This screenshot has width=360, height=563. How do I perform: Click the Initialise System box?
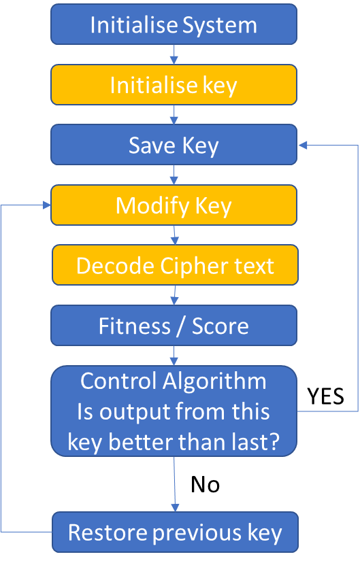tap(174, 24)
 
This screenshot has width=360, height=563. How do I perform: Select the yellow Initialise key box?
tap(174, 85)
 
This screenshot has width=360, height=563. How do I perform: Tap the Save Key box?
tap(174, 145)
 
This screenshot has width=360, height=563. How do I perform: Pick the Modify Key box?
tap(174, 205)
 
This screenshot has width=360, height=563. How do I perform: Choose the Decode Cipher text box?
tap(176, 265)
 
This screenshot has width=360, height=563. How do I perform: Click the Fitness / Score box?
tap(174, 325)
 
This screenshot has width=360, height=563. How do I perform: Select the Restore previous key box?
tap(176, 532)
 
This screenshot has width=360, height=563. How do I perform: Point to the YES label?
tap(325, 396)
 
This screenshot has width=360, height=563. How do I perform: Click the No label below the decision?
tap(205, 484)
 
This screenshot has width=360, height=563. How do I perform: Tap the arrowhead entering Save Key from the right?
tap(303, 145)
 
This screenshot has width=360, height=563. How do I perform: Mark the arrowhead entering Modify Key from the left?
tap(47, 205)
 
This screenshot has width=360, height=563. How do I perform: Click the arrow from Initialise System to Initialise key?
tap(174, 54)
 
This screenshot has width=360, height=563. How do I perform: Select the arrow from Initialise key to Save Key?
tap(174, 115)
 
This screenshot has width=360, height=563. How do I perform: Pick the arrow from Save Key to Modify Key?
tap(174, 175)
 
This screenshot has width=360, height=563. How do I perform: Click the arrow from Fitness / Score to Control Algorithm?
tap(174, 356)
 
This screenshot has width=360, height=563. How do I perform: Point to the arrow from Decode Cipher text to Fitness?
tap(175, 295)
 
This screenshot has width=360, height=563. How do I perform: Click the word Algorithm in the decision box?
tap(214, 381)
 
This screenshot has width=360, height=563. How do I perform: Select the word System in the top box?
tap(220, 26)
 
